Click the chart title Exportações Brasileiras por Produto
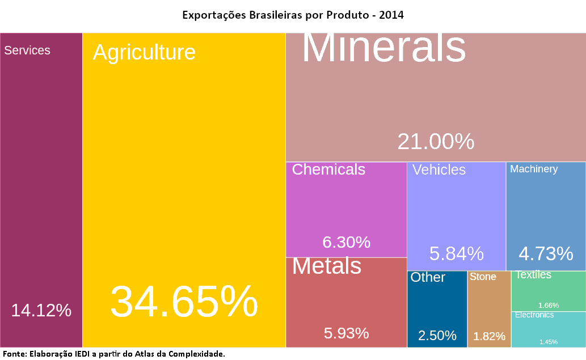click(x=293, y=15)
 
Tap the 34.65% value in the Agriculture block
click(x=184, y=302)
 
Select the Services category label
click(x=27, y=50)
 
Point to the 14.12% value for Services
click(x=41, y=310)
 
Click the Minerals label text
click(x=383, y=47)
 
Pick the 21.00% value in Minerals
click(x=436, y=141)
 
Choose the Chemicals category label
click(x=328, y=170)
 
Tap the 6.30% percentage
click(x=346, y=242)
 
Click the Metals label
click(x=327, y=266)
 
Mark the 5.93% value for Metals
click(x=346, y=333)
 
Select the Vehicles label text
click(x=439, y=170)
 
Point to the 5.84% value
click(x=456, y=253)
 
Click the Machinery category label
click(x=534, y=169)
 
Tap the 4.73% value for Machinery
click(x=546, y=253)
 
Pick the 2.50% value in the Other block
click(x=437, y=335)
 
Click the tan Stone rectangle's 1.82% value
click(x=489, y=336)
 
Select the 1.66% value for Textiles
click(x=549, y=305)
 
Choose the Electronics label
click(x=534, y=315)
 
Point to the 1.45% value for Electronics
click(x=549, y=342)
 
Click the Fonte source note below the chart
click(x=113, y=354)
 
